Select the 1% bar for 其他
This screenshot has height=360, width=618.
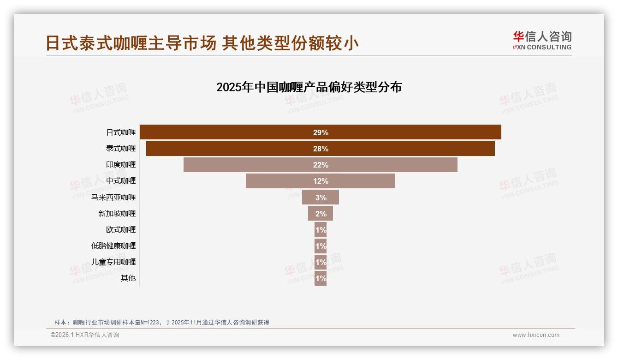(321, 278)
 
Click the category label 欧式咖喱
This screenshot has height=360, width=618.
(121, 229)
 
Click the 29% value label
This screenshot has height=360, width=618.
(321, 132)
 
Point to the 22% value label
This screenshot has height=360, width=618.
(321, 165)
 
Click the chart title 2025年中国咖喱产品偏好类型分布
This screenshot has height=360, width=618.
(309, 87)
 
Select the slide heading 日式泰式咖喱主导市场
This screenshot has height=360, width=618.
(131, 43)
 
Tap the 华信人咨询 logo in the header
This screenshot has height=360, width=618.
(542, 40)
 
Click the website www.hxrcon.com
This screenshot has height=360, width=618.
(536, 335)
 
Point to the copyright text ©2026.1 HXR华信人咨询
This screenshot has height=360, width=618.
(85, 335)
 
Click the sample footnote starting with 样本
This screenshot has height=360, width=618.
(161, 322)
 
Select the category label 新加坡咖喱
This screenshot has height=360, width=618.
(117, 213)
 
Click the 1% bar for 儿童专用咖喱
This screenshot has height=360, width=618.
(321, 262)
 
